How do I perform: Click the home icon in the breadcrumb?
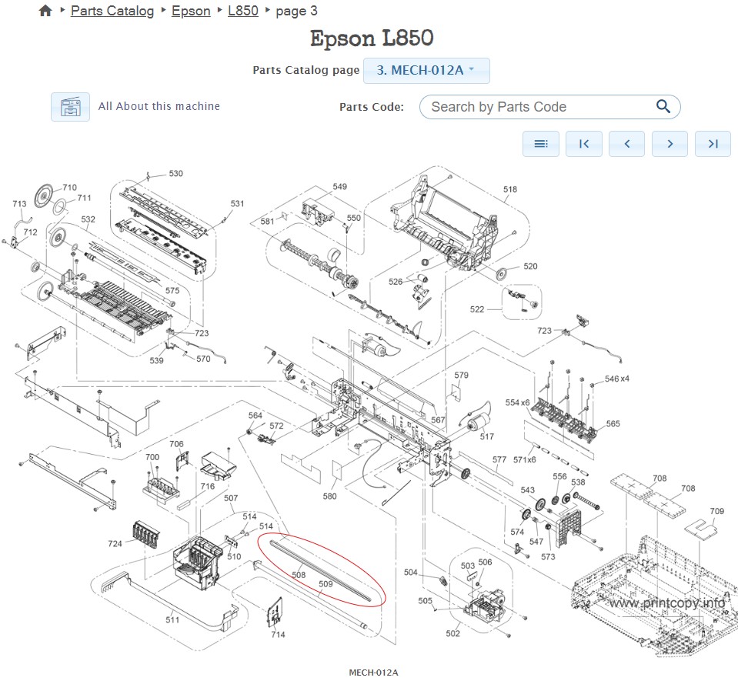45,11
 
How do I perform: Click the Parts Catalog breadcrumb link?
112,11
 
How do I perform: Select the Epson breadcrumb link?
191,11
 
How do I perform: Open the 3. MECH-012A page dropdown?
426,70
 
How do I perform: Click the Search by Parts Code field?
539,107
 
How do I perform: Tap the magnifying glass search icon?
663,107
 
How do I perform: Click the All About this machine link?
159,106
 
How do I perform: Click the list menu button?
541,144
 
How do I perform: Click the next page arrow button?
670,144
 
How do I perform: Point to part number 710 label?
70,188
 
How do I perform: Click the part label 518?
509,189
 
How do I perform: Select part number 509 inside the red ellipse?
326,584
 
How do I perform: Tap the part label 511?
172,619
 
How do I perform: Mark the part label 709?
716,511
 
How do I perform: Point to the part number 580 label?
329,496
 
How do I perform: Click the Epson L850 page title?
372,38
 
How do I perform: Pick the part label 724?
115,543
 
